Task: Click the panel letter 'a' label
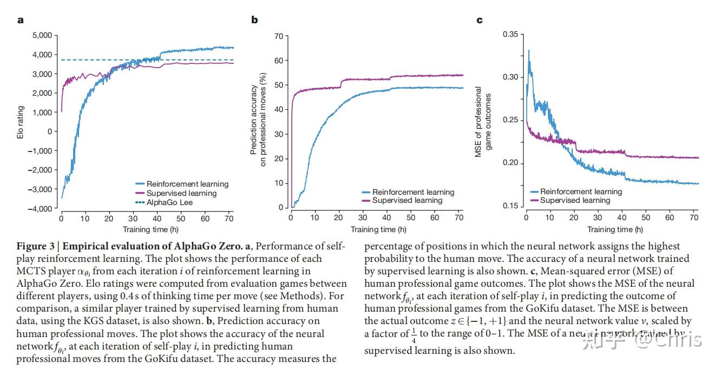click(x=21, y=21)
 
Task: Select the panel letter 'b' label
click(x=254, y=21)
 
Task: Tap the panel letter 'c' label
click(x=479, y=21)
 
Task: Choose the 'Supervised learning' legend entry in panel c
click(x=575, y=200)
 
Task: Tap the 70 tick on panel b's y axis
click(x=279, y=36)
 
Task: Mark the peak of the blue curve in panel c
click(x=528, y=50)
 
